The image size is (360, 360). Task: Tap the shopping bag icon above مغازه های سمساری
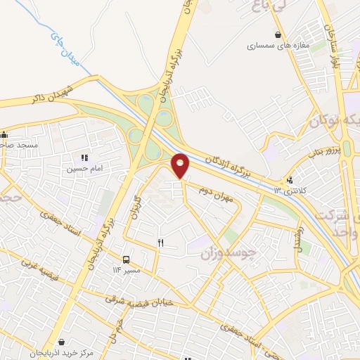[x=278, y=34]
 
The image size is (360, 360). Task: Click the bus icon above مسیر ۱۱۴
[x=126, y=259]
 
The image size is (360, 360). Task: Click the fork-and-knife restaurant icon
[x=161, y=243]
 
